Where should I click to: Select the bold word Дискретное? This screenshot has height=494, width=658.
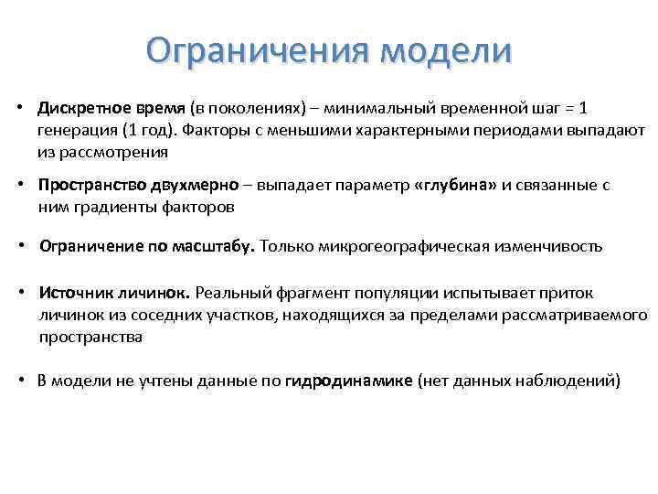click(x=80, y=108)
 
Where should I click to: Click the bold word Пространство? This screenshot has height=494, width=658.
click(x=87, y=185)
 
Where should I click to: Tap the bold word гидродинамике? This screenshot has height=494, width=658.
click(x=349, y=381)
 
